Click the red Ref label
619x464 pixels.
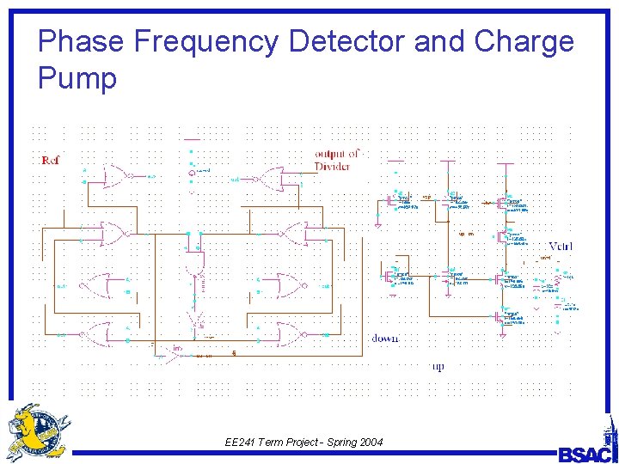(x=50, y=161)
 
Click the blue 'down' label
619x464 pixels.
(x=384, y=339)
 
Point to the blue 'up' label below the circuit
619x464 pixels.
(x=438, y=367)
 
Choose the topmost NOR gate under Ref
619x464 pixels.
(x=115, y=176)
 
